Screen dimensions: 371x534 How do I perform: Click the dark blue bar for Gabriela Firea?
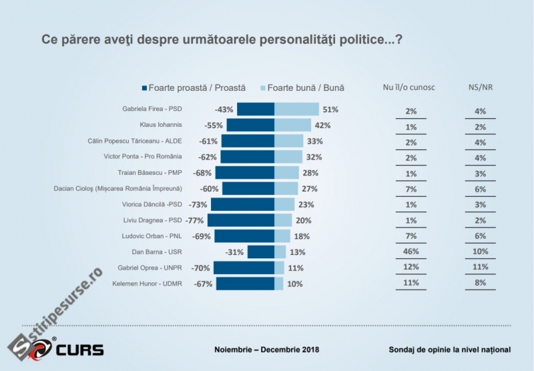coord(256,109)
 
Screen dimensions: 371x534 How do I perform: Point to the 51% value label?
coord(331,109)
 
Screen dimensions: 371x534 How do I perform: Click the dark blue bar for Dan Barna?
coord(261,252)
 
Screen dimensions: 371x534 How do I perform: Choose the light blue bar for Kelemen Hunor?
coord(279,284)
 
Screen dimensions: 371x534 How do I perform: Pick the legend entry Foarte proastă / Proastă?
coord(193,87)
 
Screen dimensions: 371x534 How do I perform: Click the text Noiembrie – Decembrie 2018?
coord(267,350)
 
